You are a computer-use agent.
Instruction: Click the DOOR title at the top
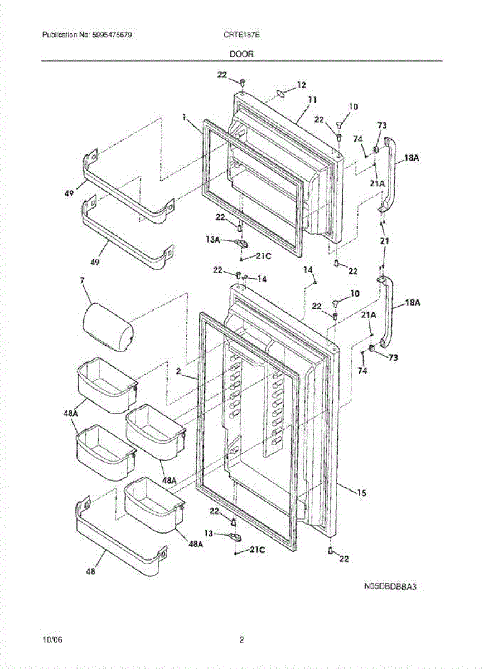click(241, 54)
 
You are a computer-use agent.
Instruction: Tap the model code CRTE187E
click(241, 35)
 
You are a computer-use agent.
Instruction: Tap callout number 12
click(302, 85)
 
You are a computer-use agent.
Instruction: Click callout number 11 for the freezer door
click(312, 100)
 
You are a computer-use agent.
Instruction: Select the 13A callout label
click(212, 239)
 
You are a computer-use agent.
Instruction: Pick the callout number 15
click(361, 493)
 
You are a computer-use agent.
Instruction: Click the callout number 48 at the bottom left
click(90, 571)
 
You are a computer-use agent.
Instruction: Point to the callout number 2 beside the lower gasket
click(178, 371)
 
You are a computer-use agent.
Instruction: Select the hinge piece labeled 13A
click(241, 243)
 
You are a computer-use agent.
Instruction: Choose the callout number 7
click(82, 280)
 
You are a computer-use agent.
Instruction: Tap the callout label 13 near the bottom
click(209, 533)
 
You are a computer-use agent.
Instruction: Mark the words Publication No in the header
click(65, 35)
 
